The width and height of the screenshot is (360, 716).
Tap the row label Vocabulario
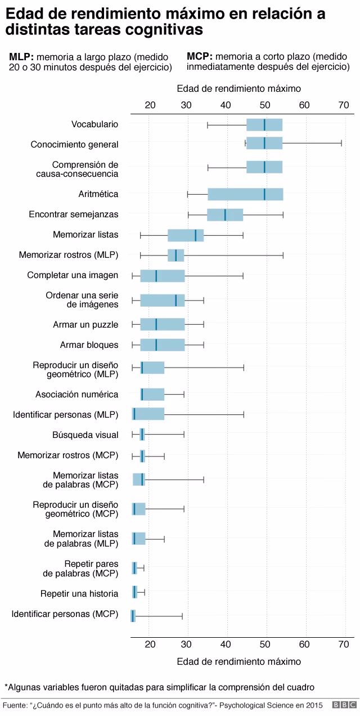coord(94,124)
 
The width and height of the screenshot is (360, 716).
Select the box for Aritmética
coord(245,194)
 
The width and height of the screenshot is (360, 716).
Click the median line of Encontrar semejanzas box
coord(225,214)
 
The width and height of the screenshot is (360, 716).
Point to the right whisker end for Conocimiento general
coord(341,144)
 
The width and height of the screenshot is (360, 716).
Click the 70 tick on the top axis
coord(343,105)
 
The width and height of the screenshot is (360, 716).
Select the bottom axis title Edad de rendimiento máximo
coord(238,661)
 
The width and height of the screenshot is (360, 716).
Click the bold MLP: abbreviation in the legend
coord(21,57)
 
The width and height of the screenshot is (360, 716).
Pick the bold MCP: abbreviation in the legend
coord(199,57)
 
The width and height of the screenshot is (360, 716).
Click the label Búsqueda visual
coord(85,435)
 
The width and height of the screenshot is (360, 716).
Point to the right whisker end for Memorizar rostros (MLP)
coord(283,256)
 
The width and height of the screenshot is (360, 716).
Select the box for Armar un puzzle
coord(163,324)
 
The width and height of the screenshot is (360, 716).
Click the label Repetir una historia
coord(79,593)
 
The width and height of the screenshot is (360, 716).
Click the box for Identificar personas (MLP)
coord(148,414)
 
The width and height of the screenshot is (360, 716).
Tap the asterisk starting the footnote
coord(6,686)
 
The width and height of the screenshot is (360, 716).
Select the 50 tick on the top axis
coord(265,105)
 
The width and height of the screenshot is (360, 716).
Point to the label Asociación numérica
coord(77,394)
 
